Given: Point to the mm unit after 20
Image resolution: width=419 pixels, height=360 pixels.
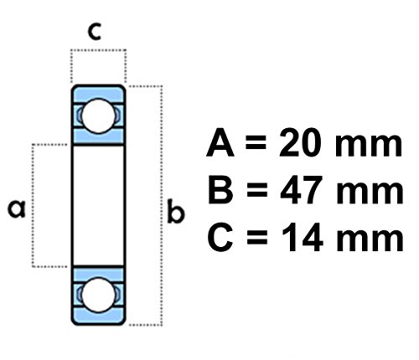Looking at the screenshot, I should click(370, 149).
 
